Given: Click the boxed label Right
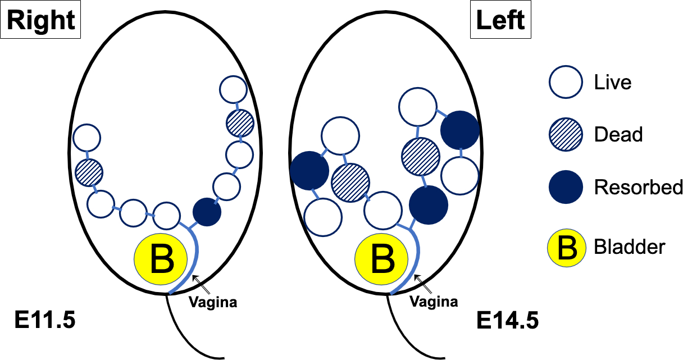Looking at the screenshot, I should coord(41,21).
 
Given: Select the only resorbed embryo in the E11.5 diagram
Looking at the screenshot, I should coord(207,212).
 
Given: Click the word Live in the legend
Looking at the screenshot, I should coord(613,83).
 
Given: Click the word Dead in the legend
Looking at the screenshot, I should coord(618,135).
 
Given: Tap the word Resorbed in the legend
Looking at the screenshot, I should coord(639,187).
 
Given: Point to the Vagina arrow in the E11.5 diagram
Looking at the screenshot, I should coord(199,281).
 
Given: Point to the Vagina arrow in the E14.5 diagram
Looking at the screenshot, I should coord(421,281).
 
